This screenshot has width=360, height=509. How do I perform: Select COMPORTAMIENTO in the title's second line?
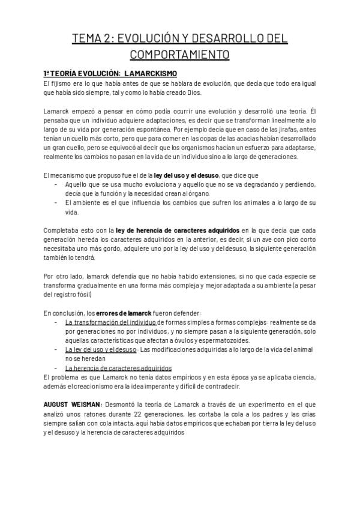[179, 55]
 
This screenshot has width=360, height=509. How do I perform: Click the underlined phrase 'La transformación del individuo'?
[110, 322]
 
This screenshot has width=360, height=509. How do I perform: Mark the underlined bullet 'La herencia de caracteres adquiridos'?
[118, 368]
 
